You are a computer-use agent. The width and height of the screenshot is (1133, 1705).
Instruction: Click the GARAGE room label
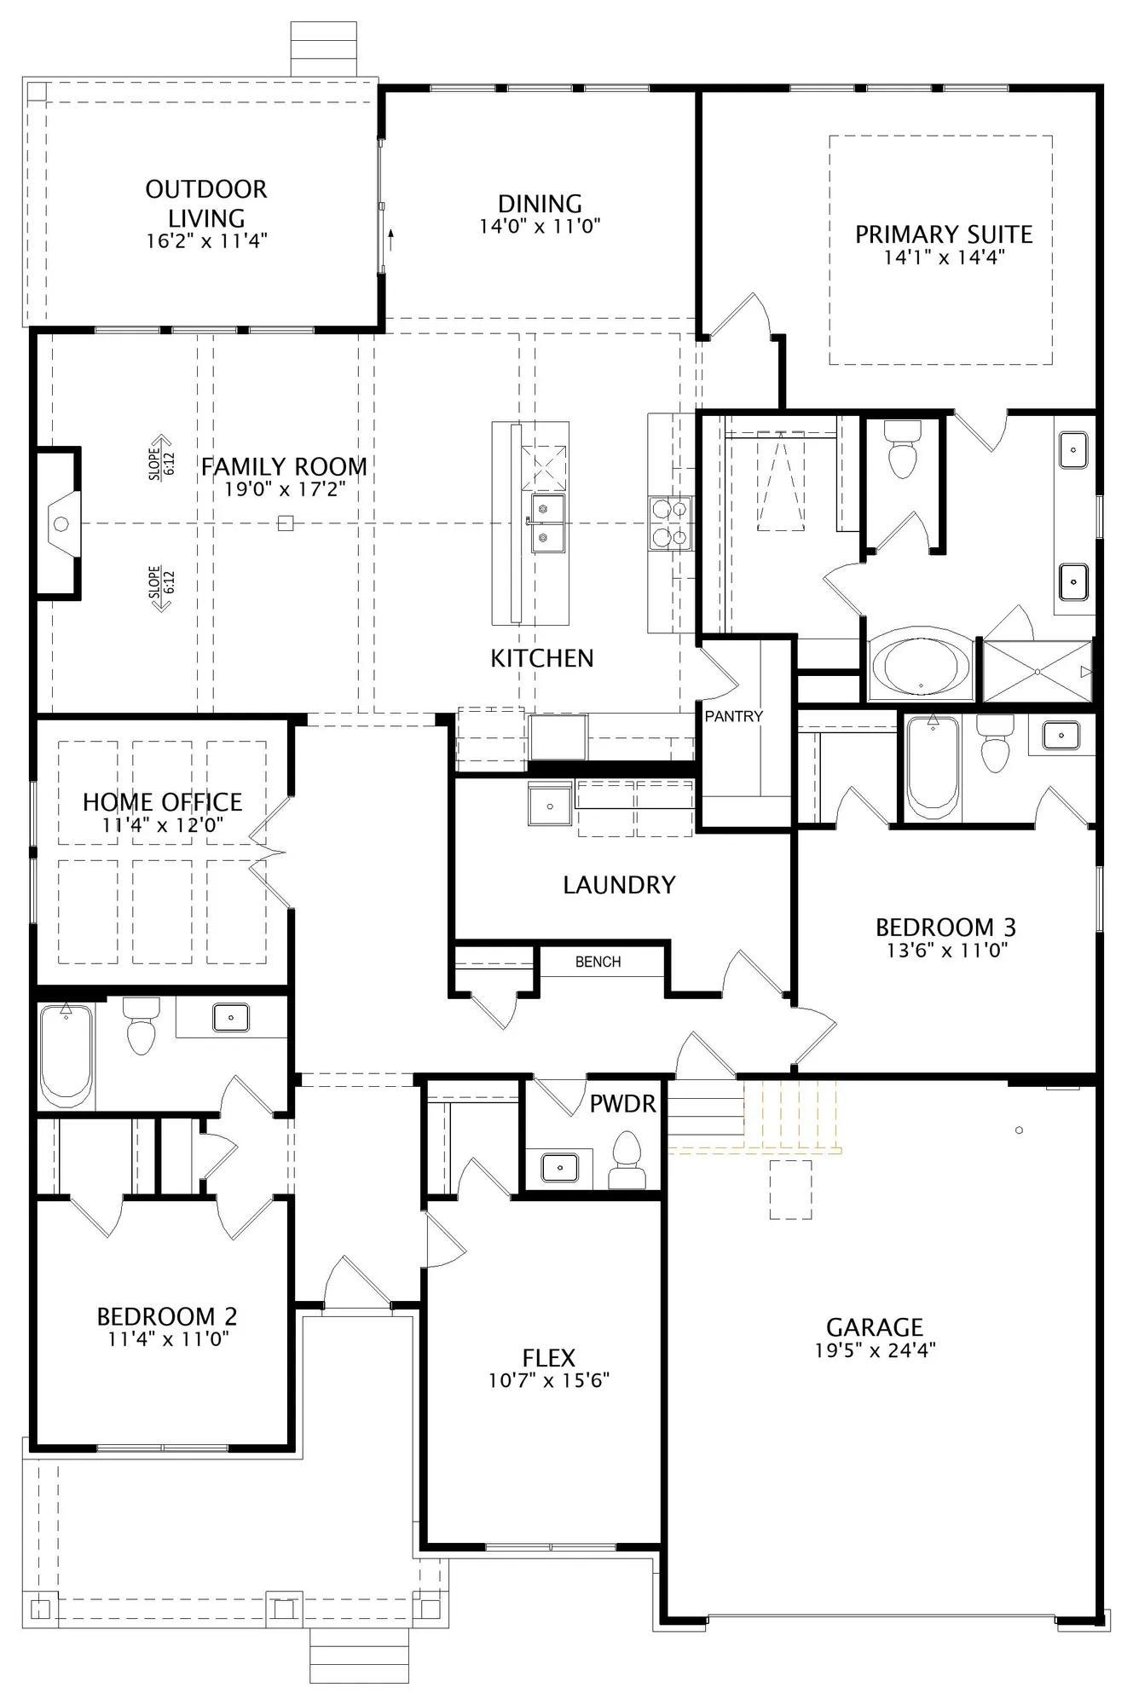coord(875,1327)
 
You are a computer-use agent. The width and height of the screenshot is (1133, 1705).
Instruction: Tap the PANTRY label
coord(733,716)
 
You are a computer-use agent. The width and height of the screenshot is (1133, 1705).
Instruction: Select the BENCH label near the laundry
coord(598,962)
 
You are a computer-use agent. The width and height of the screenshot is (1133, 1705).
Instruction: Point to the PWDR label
coord(623,1104)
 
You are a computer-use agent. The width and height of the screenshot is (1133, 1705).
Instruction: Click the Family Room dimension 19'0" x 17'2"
coord(285,489)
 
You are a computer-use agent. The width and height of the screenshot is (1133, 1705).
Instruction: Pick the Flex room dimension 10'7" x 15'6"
coord(548,1380)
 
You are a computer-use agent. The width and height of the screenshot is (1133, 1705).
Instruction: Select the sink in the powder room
coord(559,1166)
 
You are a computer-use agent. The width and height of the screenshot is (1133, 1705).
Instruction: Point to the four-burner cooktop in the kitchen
coord(670,523)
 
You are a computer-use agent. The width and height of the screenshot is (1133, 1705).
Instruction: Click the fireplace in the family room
coord(58,523)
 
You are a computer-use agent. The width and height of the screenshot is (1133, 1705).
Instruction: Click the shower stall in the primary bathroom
coord(1038,672)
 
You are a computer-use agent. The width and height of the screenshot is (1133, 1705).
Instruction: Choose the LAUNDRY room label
coord(619,885)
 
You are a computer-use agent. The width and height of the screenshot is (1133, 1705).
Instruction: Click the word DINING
coord(540,204)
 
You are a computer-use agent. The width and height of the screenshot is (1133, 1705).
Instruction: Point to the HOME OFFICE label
coord(162,802)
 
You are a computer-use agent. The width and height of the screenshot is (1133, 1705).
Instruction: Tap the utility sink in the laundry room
coord(550,804)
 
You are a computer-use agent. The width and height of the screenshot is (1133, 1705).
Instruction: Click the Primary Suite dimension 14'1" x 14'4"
coord(944,257)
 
